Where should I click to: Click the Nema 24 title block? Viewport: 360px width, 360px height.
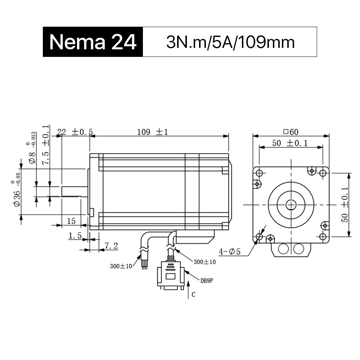click(x=93, y=42)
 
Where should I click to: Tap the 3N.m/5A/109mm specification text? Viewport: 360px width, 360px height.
click(x=230, y=42)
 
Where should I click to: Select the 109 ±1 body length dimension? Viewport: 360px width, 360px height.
click(x=152, y=132)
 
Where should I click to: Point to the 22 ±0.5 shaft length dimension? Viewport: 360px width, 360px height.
click(x=75, y=132)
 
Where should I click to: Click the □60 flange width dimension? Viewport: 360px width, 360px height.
click(x=291, y=132)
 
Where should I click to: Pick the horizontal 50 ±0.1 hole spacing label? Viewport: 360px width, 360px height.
click(x=290, y=143)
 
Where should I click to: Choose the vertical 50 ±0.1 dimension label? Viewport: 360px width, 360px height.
click(x=345, y=205)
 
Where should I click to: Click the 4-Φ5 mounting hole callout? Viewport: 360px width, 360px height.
click(x=229, y=252)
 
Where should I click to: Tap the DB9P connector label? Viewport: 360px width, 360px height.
click(x=207, y=280)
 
